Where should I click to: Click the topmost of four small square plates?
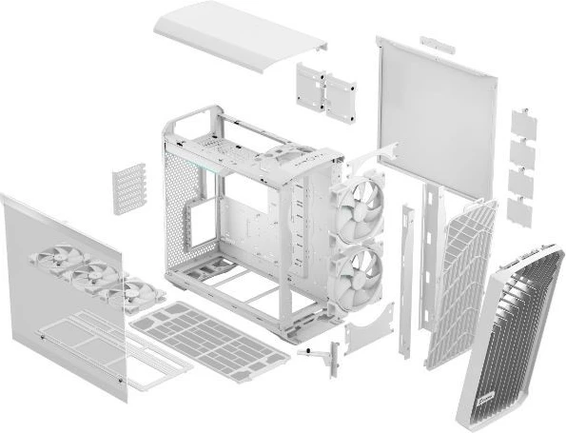(523, 121)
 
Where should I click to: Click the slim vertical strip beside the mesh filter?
(406, 276)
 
